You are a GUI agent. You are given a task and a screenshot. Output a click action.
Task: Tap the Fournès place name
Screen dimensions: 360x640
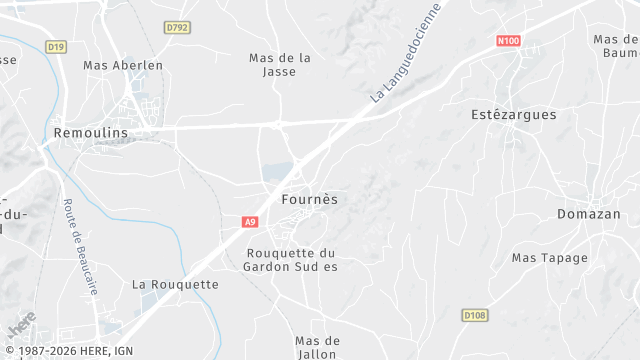309,199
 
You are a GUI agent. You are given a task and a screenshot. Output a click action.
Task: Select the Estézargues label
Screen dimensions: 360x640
513,115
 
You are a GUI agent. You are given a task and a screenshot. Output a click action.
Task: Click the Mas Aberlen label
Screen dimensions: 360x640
123,65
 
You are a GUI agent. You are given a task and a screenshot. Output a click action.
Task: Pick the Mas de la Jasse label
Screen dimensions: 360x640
280,65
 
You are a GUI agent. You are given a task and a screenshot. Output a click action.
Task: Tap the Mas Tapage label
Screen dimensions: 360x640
550,258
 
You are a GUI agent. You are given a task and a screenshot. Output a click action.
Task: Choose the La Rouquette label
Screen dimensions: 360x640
175,284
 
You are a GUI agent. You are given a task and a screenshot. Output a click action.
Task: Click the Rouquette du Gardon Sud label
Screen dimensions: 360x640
292,259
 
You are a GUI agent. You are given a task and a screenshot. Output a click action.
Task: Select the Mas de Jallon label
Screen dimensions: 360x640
318,347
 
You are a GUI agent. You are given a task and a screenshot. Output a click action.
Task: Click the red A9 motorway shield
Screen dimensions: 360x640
250,223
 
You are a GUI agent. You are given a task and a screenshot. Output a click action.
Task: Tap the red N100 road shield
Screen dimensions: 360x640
508,41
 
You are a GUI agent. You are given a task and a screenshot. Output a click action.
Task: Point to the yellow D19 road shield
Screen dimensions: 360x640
55,46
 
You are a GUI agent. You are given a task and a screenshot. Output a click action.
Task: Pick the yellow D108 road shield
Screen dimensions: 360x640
474,315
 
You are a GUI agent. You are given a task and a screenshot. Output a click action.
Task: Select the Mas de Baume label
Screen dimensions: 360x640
616,46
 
